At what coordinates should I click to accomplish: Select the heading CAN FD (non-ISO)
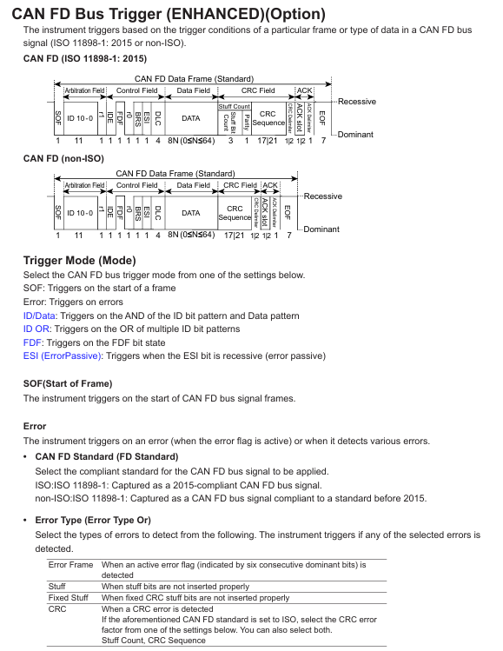click(63, 158)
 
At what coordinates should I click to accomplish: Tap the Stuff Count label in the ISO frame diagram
click(234, 106)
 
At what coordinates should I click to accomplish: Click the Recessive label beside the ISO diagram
click(357, 102)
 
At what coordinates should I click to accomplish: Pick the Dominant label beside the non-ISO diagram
click(321, 229)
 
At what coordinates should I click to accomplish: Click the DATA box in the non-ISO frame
click(191, 213)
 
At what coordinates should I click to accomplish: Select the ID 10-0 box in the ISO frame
click(80, 118)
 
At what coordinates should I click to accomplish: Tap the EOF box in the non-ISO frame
click(288, 213)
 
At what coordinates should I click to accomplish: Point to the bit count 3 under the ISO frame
click(231, 141)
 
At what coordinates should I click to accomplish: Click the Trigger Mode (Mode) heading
click(80, 261)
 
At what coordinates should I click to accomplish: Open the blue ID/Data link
click(39, 316)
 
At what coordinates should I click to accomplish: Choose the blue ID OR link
click(36, 329)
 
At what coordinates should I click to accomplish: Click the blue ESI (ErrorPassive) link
click(63, 355)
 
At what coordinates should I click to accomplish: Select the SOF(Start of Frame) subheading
click(68, 383)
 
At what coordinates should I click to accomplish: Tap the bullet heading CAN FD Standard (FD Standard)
click(107, 456)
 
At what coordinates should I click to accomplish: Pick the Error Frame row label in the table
click(70, 565)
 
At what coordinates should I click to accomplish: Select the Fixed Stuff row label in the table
click(68, 597)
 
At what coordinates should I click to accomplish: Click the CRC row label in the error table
click(57, 609)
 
